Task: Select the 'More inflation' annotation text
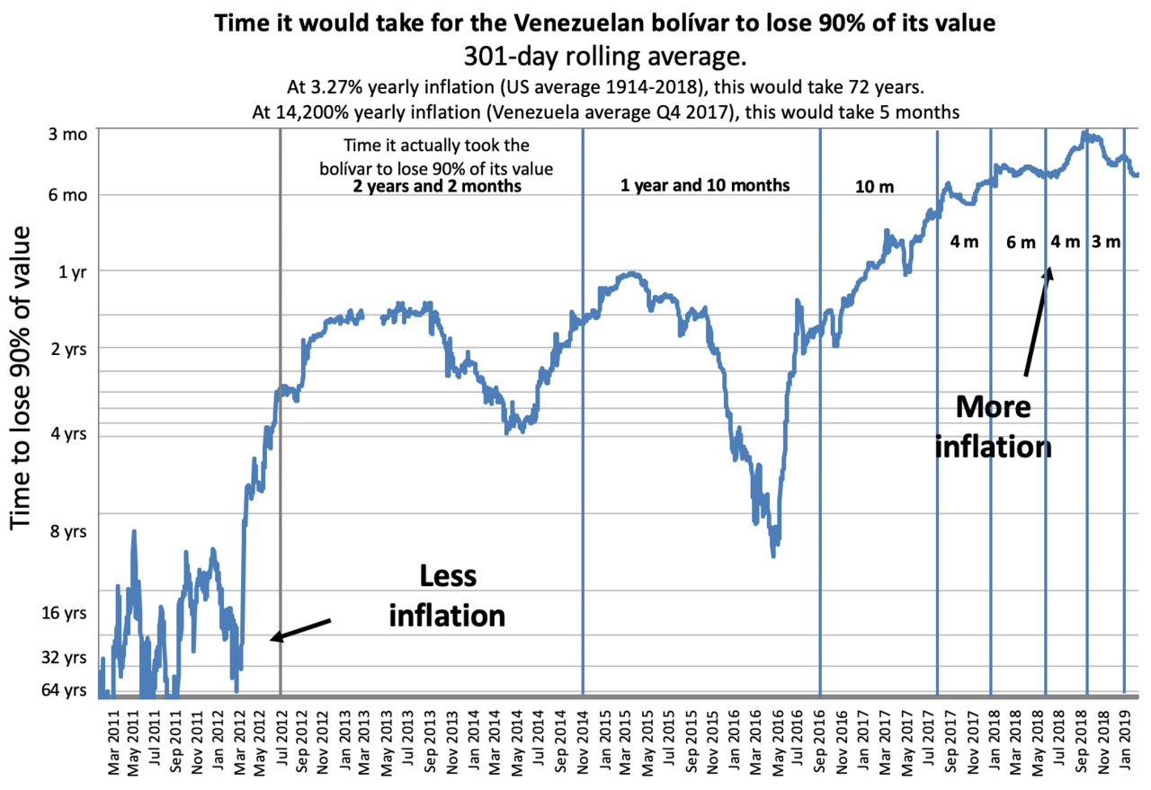pyautogui.click(x=992, y=426)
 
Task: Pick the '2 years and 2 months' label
pyautogui.click(x=437, y=186)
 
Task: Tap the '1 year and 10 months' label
pyautogui.click(x=704, y=186)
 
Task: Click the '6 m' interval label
pyautogui.click(x=1022, y=242)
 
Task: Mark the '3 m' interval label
pyautogui.click(x=1106, y=241)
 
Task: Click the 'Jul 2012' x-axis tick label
pyautogui.click(x=280, y=741)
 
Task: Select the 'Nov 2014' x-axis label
pyautogui.click(x=583, y=741)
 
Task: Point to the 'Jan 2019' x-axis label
pyautogui.click(x=1124, y=741)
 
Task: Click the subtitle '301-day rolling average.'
pyautogui.click(x=604, y=58)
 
